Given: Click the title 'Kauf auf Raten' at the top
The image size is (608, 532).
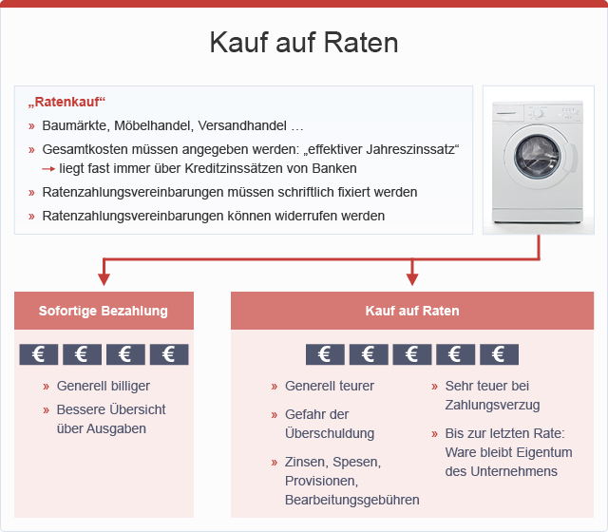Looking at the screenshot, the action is click(x=304, y=42).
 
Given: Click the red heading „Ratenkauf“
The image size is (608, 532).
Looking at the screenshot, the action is click(x=66, y=102).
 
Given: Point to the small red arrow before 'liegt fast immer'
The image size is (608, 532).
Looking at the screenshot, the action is click(x=48, y=169).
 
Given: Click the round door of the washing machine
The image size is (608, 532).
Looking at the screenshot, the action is click(x=538, y=157).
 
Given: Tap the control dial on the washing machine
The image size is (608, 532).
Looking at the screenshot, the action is click(x=538, y=113).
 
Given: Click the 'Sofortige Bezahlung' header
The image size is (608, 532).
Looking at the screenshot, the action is click(x=104, y=311).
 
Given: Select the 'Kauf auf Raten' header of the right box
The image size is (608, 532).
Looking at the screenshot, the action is click(x=412, y=311).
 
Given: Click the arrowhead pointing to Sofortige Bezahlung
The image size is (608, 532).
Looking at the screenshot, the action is click(x=104, y=279).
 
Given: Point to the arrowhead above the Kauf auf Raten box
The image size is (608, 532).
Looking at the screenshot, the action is click(x=412, y=279).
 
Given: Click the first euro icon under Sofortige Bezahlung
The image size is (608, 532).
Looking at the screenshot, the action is click(x=39, y=354).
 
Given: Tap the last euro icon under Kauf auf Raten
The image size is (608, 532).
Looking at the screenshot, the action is click(x=499, y=354).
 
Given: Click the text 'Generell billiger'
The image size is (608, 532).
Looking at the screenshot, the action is click(x=104, y=386).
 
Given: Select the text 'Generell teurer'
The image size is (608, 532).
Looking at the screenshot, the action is click(x=330, y=386).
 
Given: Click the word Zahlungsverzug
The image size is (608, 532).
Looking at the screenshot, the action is click(x=492, y=406).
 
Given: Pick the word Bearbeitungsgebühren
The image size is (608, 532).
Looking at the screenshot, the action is click(x=352, y=501).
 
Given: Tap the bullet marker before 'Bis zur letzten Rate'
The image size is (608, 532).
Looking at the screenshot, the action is click(x=434, y=434).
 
